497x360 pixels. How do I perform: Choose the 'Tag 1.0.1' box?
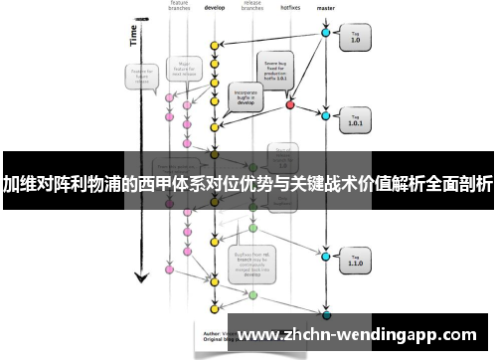click(355, 122)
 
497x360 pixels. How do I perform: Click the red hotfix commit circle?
click(290, 103)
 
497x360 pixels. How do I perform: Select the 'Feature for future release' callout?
click(138, 77)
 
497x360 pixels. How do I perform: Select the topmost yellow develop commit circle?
click(213, 46)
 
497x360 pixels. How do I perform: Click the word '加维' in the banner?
click(17, 184)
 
